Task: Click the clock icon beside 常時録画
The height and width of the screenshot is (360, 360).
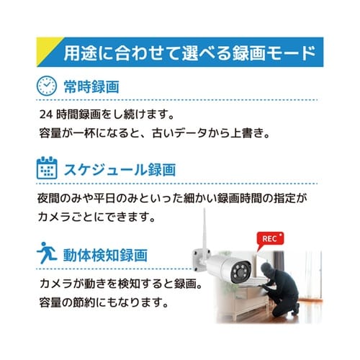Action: click(x=46, y=86)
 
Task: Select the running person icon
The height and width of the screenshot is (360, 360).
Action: click(x=45, y=254)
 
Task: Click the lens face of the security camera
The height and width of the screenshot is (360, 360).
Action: click(x=242, y=273)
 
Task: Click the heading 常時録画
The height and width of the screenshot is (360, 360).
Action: click(x=91, y=86)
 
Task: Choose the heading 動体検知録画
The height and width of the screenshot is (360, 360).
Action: click(x=106, y=255)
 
